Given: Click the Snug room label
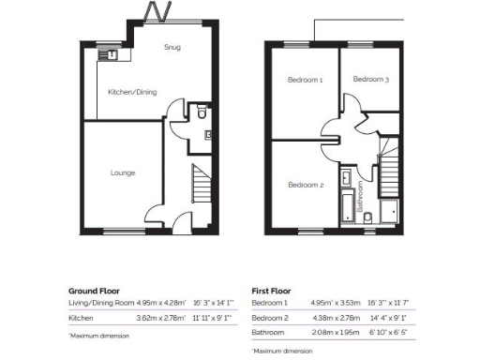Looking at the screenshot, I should tap(172, 47).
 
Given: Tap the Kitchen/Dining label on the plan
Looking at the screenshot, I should tap(132, 92).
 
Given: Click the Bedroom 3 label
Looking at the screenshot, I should tap(370, 81).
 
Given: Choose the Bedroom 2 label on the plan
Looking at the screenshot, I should tap(306, 185).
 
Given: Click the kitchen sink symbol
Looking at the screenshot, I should tap(112, 54).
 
